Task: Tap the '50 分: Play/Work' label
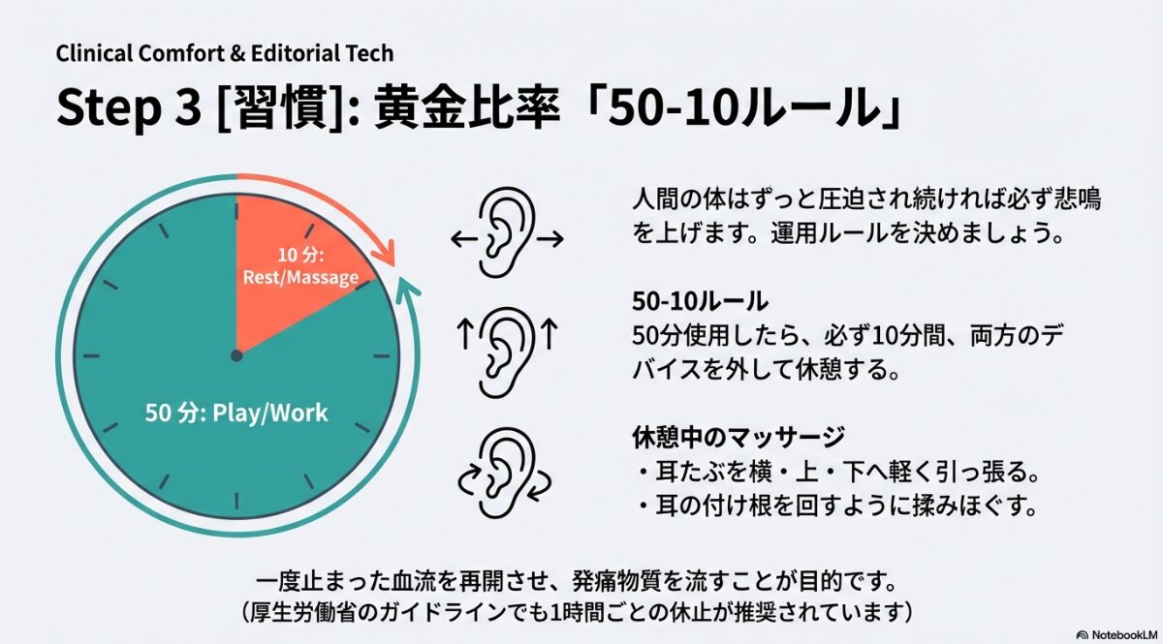pyautogui.click(x=236, y=414)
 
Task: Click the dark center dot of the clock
pyautogui.click(x=236, y=355)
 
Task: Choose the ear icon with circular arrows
pyautogui.click(x=505, y=473)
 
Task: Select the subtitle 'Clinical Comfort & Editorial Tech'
pyautogui.click(x=225, y=52)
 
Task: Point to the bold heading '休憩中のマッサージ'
pyautogui.click(x=738, y=437)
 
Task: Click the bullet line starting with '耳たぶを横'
pyautogui.click(x=838, y=474)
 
